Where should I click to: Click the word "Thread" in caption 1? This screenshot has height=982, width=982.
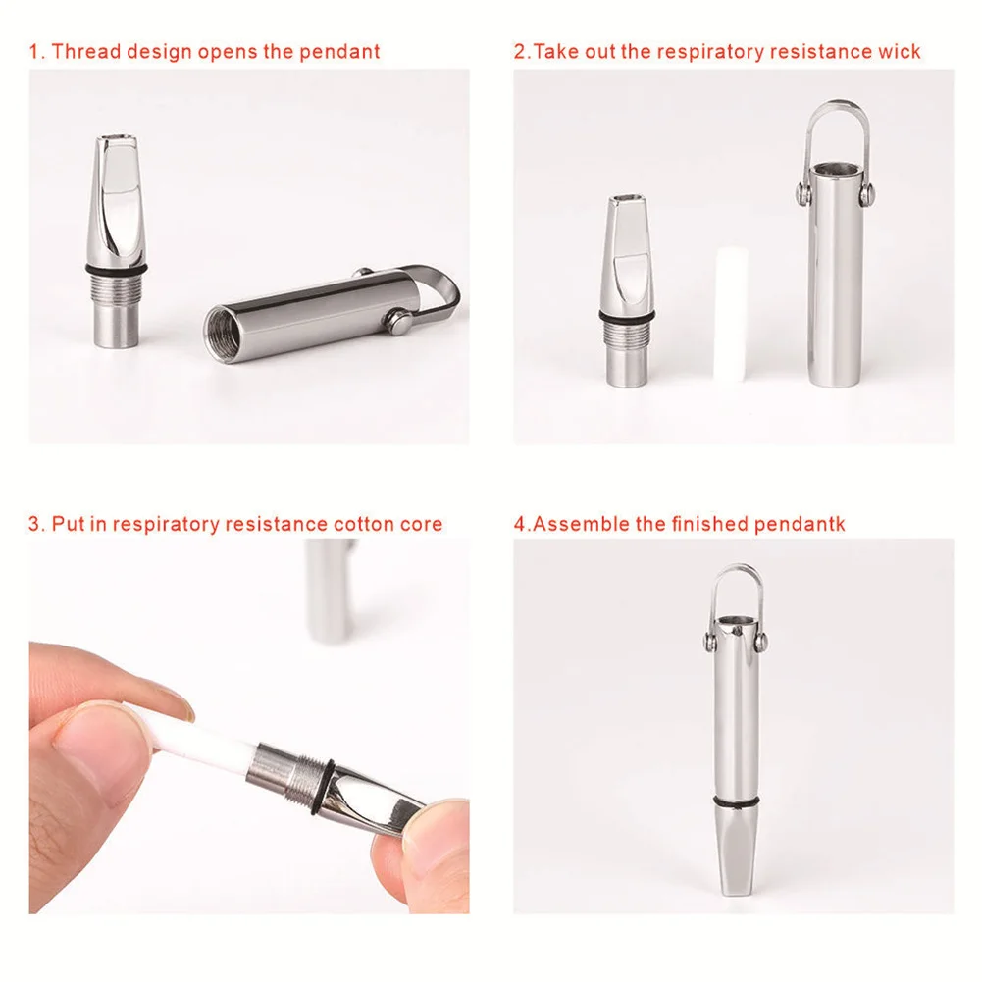coord(85,51)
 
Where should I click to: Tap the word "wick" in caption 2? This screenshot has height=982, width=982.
coord(900,51)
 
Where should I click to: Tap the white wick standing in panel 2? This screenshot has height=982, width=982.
coord(731,313)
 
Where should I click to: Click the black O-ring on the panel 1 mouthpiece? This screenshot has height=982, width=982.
coord(117,270)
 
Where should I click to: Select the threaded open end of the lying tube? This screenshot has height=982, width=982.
coord(223,330)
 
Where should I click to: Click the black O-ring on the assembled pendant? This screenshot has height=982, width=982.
coord(737,801)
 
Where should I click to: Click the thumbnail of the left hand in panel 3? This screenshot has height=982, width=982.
coord(94,739)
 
